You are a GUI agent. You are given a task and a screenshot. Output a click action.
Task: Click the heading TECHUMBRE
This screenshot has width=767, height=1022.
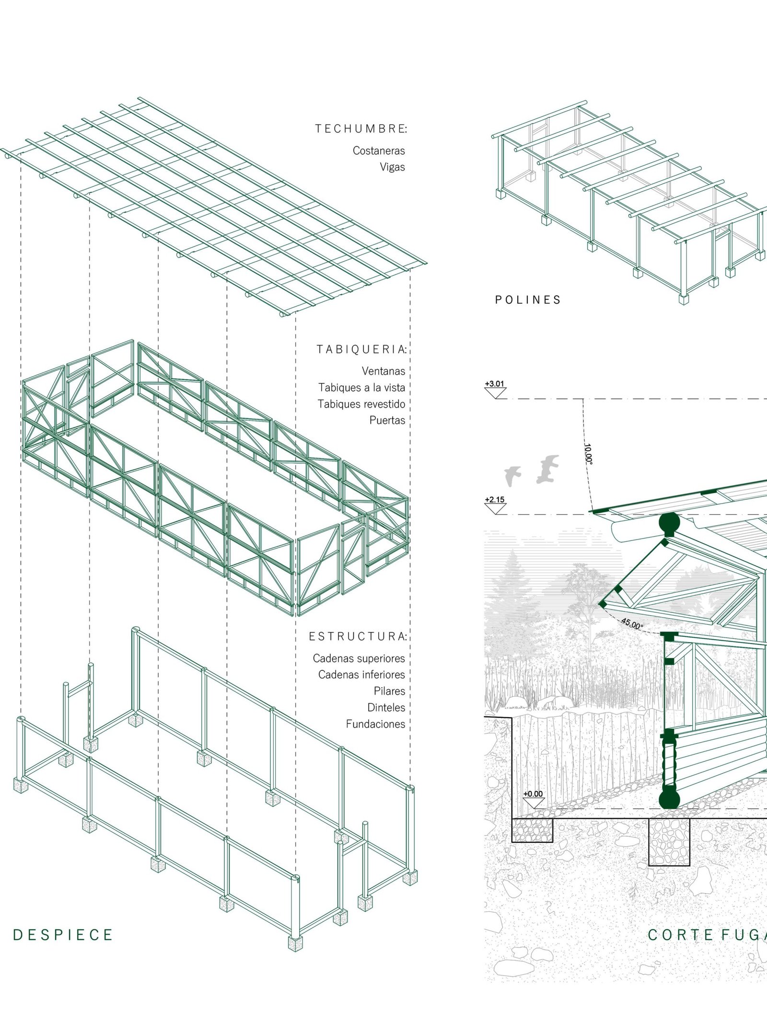pyautogui.click(x=361, y=128)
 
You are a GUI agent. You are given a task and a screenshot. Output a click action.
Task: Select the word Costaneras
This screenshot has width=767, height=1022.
pyautogui.click(x=379, y=150)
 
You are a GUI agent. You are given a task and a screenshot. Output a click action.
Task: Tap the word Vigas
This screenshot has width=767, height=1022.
pyautogui.click(x=392, y=167)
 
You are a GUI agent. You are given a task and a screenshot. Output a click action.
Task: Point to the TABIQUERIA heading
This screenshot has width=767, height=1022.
pyautogui.click(x=361, y=349)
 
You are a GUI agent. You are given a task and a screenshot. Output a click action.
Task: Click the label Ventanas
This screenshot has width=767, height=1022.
pyautogui.click(x=383, y=371)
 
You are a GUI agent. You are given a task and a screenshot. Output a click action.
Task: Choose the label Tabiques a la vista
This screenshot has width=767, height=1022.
pyautogui.click(x=361, y=387)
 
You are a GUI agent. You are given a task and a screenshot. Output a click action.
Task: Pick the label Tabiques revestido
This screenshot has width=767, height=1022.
pyautogui.click(x=361, y=404)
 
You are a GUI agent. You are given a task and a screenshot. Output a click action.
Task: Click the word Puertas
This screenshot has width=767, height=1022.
pyautogui.click(x=387, y=420)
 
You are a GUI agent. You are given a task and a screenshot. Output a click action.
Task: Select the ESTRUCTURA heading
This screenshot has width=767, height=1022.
pyautogui.click(x=358, y=636)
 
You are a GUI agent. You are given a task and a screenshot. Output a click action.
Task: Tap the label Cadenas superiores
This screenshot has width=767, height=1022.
pyautogui.click(x=359, y=658)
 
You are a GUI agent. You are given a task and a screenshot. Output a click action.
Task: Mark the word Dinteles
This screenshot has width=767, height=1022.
pyautogui.click(x=386, y=708)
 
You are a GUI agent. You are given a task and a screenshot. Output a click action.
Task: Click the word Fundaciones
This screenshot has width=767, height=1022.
pyautogui.click(x=375, y=724)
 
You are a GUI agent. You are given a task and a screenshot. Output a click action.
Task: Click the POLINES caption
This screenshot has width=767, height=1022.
pyautogui.click(x=528, y=300)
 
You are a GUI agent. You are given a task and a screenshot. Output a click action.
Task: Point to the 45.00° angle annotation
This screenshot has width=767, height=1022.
pyautogui.click(x=632, y=624)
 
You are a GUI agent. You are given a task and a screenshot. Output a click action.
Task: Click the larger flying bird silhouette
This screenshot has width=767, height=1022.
pyautogui.click(x=547, y=469)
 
